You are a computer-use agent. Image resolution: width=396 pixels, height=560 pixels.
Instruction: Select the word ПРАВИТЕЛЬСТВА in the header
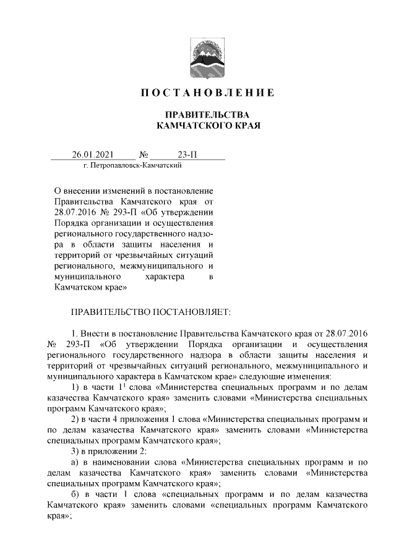(x=205, y=115)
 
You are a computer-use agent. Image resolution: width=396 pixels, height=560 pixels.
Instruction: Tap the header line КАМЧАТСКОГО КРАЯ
(x=205, y=126)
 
